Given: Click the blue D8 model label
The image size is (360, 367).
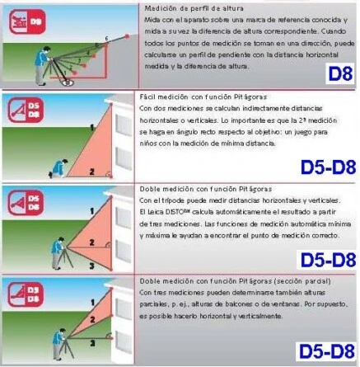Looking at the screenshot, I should [339, 73].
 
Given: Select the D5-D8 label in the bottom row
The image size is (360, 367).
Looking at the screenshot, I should [326, 350].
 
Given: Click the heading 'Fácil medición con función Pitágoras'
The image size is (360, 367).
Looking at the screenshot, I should [203, 97].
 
